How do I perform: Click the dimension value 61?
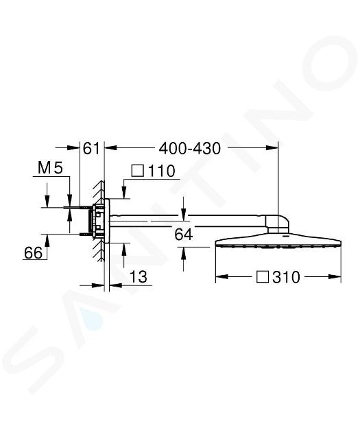pos(91,149)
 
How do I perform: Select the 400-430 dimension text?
pos(190,149)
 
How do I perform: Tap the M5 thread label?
pos(51,167)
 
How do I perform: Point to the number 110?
pos(161,171)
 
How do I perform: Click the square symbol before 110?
pos(138,171)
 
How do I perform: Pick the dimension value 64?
pos(184,235)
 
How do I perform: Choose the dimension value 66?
pos(34,252)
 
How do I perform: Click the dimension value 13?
pos(139,277)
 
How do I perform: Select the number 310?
pos(286,277)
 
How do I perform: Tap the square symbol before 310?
pos(262,276)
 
